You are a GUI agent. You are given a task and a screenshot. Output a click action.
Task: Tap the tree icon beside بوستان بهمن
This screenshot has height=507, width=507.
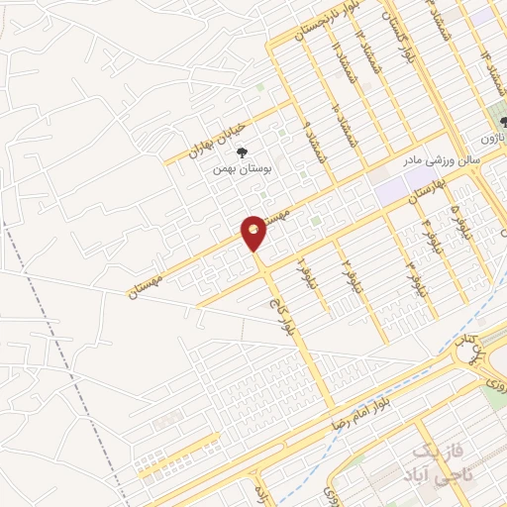coord(242,152)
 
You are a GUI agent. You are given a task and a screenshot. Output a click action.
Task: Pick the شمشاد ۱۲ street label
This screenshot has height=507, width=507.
coord(367,52)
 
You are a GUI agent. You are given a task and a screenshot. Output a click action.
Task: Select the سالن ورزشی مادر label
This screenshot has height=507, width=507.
coord(441,157)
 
